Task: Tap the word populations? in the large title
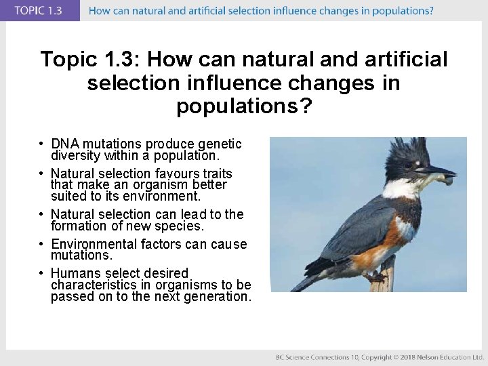coord(244,106)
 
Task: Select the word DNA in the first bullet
coord(64,144)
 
